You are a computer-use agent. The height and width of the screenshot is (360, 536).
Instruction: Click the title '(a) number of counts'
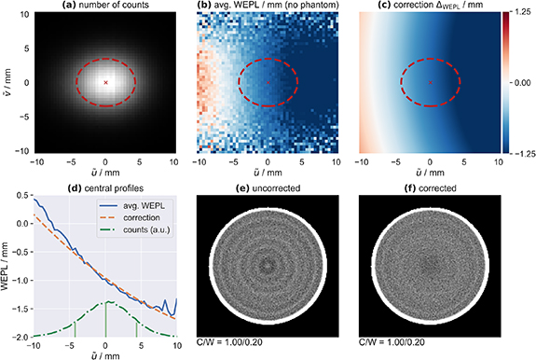pyautogui.click(x=105, y=7)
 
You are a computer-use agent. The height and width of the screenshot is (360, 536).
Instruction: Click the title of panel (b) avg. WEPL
pyautogui.click(x=268, y=7)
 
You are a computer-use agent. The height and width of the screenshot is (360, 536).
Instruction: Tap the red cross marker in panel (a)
pyautogui.click(x=105, y=82)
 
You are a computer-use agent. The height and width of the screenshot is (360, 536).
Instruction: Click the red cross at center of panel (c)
pyautogui.click(x=430, y=82)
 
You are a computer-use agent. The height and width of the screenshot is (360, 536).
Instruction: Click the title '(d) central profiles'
pyautogui.click(x=105, y=187)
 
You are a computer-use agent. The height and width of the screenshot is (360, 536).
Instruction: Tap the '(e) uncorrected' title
pyautogui.click(x=268, y=187)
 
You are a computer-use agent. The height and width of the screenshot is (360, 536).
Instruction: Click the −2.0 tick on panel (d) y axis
pyautogui.click(x=20, y=337)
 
